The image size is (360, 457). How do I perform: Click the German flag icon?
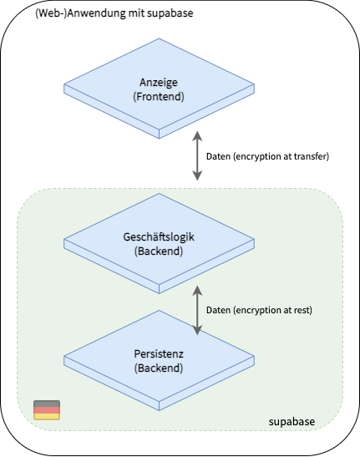(x=47, y=410)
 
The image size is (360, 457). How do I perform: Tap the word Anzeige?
(x=159, y=83)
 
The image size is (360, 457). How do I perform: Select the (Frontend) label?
(x=159, y=96)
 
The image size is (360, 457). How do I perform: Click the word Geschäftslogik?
(x=159, y=237)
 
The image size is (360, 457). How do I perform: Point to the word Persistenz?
(x=159, y=354)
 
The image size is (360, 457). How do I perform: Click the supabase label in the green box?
(x=292, y=422)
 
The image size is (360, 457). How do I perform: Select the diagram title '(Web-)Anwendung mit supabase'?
(x=114, y=13)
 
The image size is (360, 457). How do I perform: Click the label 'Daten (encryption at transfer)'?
(x=267, y=156)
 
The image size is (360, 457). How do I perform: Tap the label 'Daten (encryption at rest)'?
(x=259, y=310)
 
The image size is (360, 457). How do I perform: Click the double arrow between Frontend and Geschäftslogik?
(x=197, y=155)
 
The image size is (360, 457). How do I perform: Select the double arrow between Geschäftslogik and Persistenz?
(x=197, y=310)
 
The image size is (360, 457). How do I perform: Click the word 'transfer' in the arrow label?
(x=310, y=156)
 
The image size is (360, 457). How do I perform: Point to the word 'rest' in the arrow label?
(x=302, y=310)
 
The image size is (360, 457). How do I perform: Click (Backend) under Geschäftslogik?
(x=159, y=251)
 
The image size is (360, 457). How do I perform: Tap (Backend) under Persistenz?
(x=159, y=368)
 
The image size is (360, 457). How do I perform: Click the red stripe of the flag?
(x=47, y=410)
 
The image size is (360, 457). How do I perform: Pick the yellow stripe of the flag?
(x=47, y=417)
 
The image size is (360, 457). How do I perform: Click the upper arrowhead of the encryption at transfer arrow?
(x=197, y=136)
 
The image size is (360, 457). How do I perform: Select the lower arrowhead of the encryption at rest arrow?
(x=197, y=330)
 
